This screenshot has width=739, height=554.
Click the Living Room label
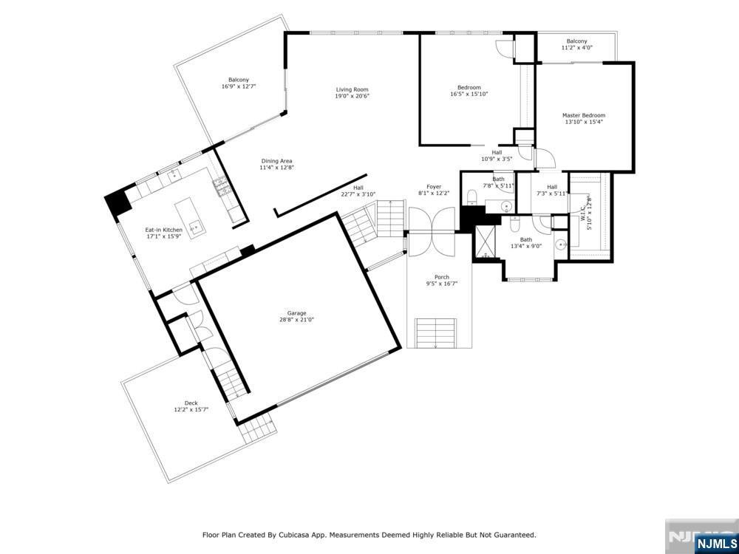tap(352, 89)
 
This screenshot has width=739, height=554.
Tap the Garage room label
tap(297, 313)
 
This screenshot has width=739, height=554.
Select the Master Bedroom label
tap(584, 115)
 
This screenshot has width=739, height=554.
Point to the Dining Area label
tap(276, 161)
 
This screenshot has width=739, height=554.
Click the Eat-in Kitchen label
tap(163, 230)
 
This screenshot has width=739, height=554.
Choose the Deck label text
tap(191, 403)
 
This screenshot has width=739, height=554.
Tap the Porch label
tap(442, 277)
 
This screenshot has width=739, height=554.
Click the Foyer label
tap(434, 187)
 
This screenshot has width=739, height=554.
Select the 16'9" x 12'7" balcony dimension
tap(239, 86)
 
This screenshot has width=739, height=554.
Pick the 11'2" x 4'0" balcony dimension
tap(577, 47)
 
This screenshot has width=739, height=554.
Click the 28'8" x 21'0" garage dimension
tap(297, 320)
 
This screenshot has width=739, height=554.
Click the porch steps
tap(436, 333)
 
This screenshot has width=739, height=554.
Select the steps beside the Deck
tap(256, 428)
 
